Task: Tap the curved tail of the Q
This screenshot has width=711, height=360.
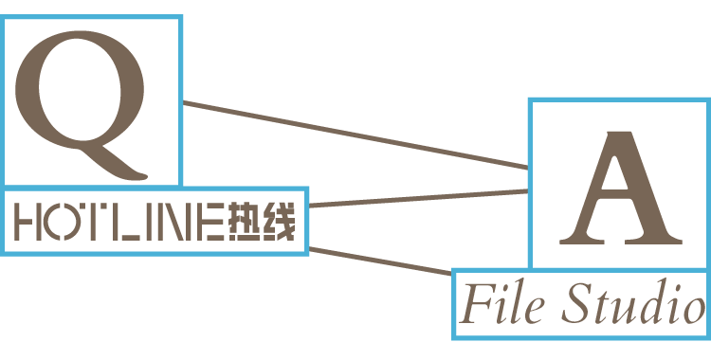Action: (x=123, y=168)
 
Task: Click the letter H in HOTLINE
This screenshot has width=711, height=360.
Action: (x=27, y=224)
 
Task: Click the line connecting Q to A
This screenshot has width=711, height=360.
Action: (x=355, y=135)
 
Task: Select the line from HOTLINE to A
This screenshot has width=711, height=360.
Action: (x=417, y=198)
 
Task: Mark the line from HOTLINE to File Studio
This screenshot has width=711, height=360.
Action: (x=379, y=262)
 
